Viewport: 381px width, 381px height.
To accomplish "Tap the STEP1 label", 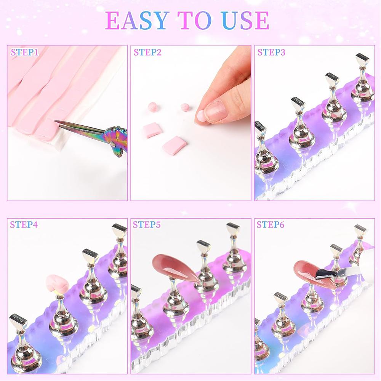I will point(25,52).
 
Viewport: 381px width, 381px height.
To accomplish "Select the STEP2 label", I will point(147,52).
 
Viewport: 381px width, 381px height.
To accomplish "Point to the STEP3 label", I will point(271,52).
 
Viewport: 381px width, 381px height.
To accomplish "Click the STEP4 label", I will point(24,224).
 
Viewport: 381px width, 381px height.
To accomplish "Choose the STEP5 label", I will point(147,224).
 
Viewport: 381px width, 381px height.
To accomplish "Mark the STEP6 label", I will point(271,224).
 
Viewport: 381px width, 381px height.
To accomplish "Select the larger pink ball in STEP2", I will point(152,107).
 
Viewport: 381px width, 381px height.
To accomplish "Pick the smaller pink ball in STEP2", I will point(185,107).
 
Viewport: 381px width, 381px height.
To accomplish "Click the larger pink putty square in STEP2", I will point(174,145).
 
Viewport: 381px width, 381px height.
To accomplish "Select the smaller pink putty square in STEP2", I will point(152,130).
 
